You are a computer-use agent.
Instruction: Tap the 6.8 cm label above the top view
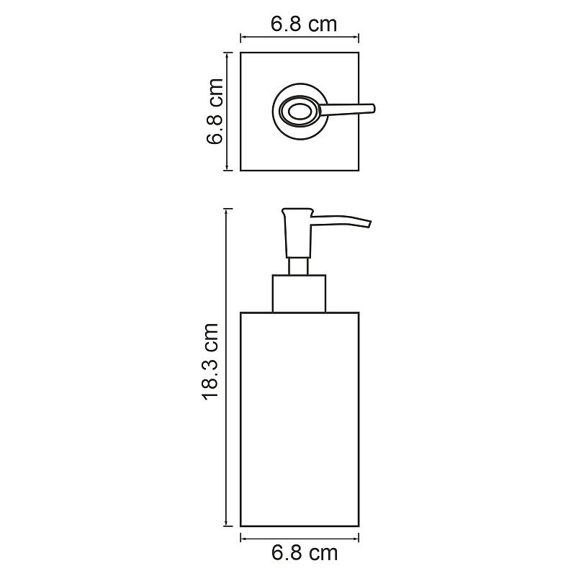pos(304,24)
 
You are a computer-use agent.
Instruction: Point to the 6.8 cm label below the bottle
pos(304,553)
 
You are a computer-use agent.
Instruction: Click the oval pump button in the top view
pos(297,111)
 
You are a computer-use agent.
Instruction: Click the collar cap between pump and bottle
pos(298,293)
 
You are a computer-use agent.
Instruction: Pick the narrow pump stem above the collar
pos(298,266)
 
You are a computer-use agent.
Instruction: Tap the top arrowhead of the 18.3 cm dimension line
pos(228,211)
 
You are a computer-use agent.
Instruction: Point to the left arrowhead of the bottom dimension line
pos(243,538)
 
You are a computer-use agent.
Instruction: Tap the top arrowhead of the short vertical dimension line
pos(228,55)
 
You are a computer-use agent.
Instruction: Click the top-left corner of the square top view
pos(240,52)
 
